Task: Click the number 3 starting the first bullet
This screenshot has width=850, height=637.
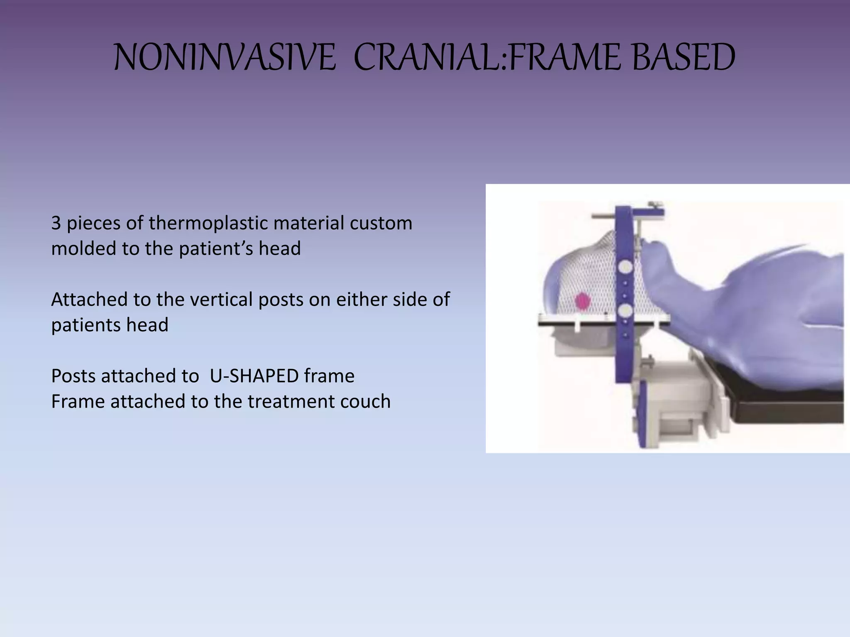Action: coord(56,223)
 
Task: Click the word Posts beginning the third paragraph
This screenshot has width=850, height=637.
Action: coord(73,376)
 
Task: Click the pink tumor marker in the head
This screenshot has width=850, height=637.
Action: coord(583,301)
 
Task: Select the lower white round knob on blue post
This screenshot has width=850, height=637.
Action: coord(625,311)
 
